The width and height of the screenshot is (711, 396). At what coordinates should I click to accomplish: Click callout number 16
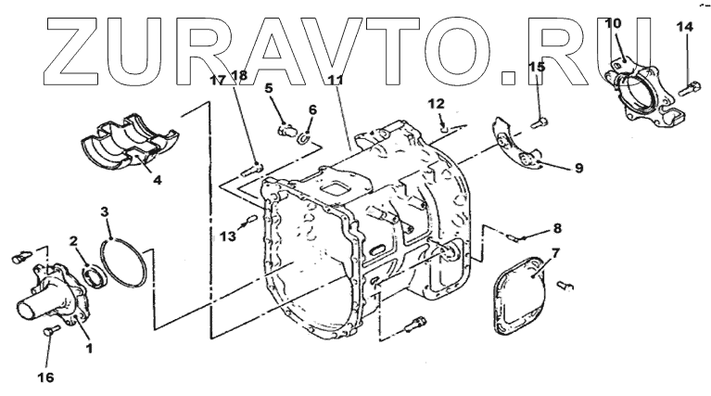pyautogui.click(x=45, y=377)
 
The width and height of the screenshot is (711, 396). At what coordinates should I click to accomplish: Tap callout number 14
pyautogui.click(x=683, y=28)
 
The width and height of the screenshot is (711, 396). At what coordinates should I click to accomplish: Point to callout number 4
pyautogui.click(x=158, y=180)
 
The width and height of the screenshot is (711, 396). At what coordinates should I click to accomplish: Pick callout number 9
pyautogui.click(x=578, y=168)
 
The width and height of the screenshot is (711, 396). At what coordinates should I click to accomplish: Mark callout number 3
pyautogui.click(x=105, y=212)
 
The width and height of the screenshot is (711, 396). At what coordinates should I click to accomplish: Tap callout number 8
pyautogui.click(x=557, y=227)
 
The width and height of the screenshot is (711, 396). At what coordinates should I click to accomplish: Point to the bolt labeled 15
pyautogui.click(x=540, y=120)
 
